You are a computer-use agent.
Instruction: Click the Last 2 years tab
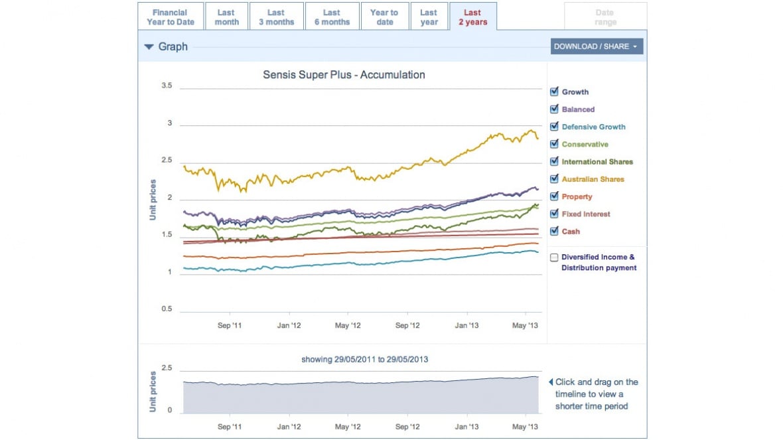tap(472, 17)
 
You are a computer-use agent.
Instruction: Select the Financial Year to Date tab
tap(171, 17)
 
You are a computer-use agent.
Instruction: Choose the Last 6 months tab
tap(332, 17)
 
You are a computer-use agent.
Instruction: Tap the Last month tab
tap(226, 17)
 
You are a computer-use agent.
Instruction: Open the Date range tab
tap(605, 17)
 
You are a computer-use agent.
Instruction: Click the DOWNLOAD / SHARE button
tap(596, 46)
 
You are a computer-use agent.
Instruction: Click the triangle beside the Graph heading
tap(149, 47)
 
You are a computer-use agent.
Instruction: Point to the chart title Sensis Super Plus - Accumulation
tap(344, 75)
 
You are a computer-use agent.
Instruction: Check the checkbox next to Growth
tap(554, 92)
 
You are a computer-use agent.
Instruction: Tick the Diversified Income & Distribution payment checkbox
tap(554, 257)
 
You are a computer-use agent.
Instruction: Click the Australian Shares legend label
tap(593, 179)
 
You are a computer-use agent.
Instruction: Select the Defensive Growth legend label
tap(593, 127)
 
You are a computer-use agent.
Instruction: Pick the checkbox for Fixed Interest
tap(554, 214)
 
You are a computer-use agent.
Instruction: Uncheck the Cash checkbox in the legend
tap(554, 232)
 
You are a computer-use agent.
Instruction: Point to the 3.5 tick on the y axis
tap(167, 86)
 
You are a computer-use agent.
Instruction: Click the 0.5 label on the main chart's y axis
tap(167, 309)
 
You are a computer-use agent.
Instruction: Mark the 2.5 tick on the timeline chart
tap(167, 368)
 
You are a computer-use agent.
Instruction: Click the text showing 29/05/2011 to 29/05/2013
tap(364, 360)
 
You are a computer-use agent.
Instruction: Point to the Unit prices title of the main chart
tap(153, 200)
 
